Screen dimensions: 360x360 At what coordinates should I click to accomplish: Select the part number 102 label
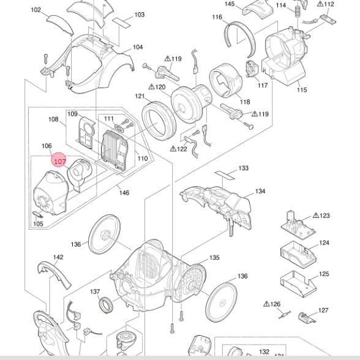point(36,10)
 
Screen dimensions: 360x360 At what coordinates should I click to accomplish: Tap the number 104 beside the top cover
point(138,47)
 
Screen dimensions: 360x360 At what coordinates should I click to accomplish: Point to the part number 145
point(230,4)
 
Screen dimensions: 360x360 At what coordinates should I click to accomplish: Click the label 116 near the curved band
point(217,17)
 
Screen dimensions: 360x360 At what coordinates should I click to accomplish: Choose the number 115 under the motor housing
point(302,90)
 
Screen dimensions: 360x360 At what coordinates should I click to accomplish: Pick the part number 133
point(244,168)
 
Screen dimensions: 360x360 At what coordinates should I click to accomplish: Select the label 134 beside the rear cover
point(260,192)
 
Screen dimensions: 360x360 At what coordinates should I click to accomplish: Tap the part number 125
point(324,274)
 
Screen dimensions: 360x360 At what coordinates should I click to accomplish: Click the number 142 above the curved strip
point(58,257)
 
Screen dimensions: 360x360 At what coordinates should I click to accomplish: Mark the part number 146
point(124,193)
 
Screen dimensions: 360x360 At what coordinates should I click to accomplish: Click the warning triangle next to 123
point(315,216)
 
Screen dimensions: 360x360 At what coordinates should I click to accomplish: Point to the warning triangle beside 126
point(267,304)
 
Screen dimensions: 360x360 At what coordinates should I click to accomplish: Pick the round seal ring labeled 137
point(107,302)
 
